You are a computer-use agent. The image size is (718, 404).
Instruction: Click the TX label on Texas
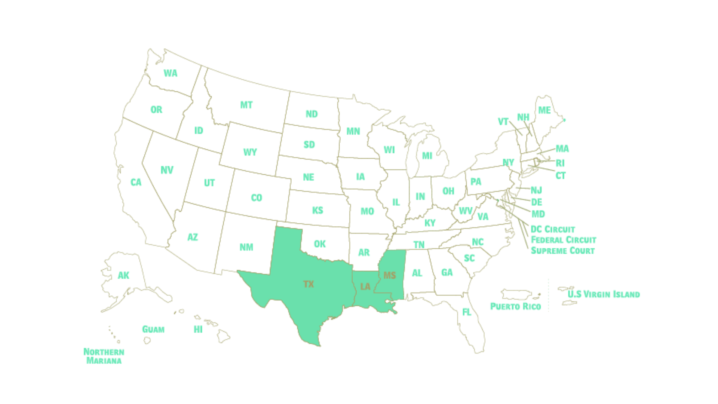(309, 284)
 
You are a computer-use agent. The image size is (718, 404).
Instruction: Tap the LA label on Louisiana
(365, 287)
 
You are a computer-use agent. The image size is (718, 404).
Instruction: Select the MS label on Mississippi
(389, 275)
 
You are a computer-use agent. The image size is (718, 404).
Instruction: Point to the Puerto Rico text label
(515, 306)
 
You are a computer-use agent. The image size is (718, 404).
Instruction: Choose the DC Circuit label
(553, 229)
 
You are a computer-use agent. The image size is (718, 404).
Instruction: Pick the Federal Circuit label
(563, 240)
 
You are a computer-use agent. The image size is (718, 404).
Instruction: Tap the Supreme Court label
(562, 250)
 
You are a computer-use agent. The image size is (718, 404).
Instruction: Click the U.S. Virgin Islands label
(604, 294)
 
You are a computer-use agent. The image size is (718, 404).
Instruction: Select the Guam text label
(153, 329)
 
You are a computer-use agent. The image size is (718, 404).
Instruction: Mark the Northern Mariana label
(104, 356)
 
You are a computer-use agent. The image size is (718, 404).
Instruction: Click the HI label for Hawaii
(198, 329)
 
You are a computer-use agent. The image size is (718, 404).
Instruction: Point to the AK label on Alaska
(124, 275)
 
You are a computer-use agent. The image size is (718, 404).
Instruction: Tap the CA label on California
(136, 183)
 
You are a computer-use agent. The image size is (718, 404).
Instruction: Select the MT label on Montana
(246, 105)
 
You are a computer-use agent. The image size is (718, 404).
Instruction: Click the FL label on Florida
(467, 312)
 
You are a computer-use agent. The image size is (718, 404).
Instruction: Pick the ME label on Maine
(544, 110)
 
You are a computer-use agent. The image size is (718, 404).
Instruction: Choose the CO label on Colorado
(257, 198)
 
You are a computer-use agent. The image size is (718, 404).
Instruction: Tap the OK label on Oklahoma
(320, 244)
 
